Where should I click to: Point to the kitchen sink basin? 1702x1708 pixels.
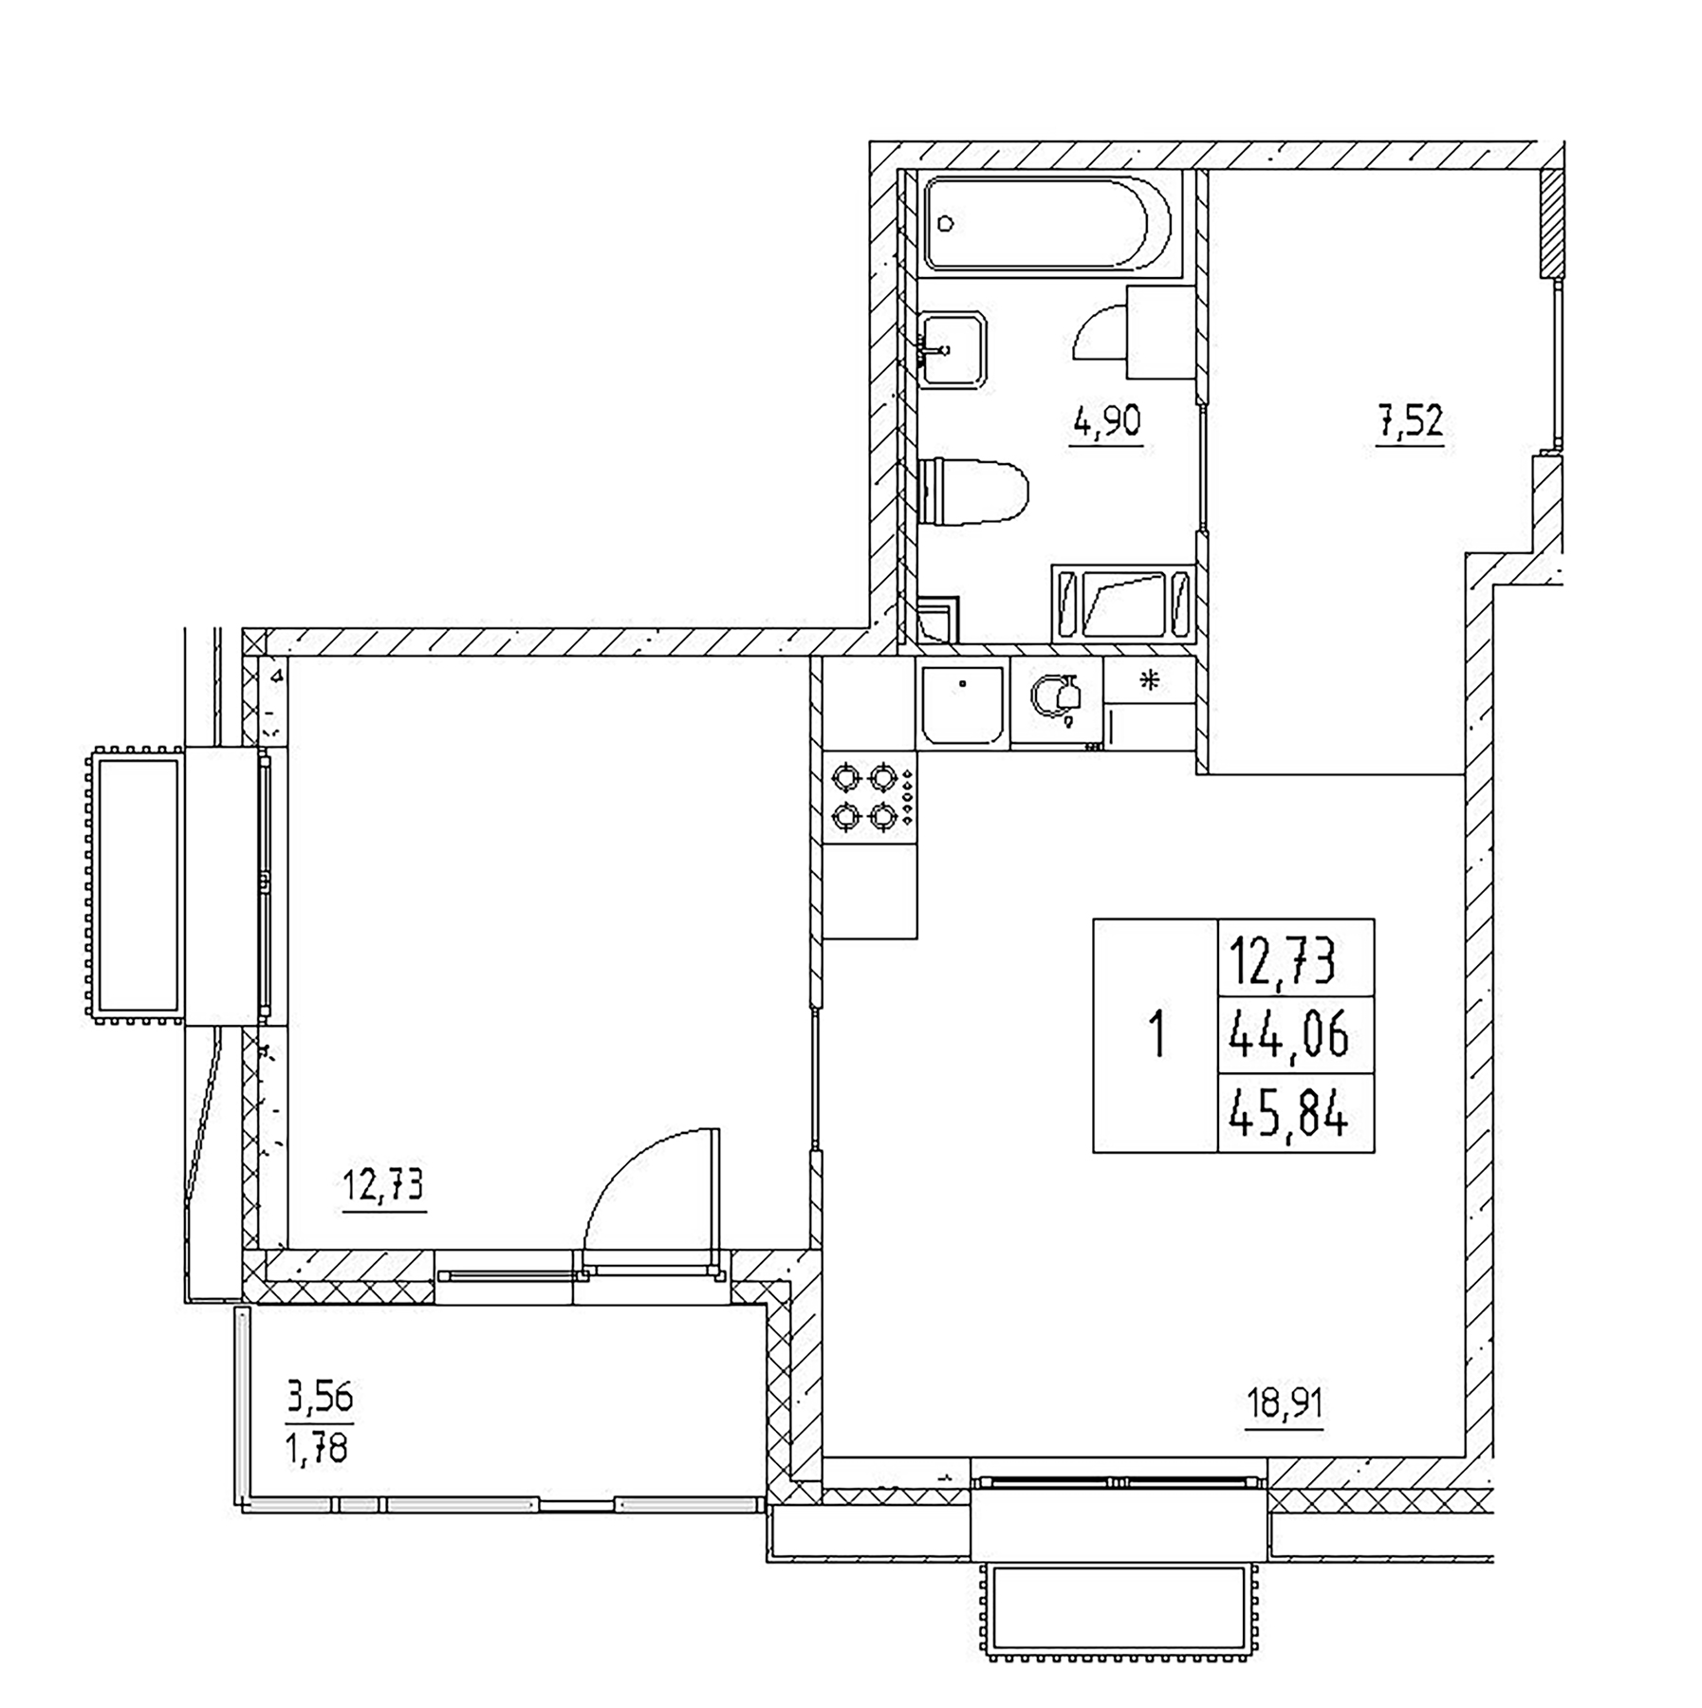[962, 704]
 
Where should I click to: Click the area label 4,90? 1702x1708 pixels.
[1106, 420]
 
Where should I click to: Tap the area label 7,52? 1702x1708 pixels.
[1411, 420]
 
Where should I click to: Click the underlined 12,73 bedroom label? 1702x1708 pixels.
[383, 1187]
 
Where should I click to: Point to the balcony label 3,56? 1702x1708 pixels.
[320, 1397]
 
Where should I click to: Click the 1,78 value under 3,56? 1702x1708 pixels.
[320, 1449]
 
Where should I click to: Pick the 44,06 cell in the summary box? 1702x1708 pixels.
[1287, 1034]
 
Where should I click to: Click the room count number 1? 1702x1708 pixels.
[1156, 1034]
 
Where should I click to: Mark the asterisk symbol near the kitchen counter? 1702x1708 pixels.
[1150, 680]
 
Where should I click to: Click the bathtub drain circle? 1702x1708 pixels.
[945, 224]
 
